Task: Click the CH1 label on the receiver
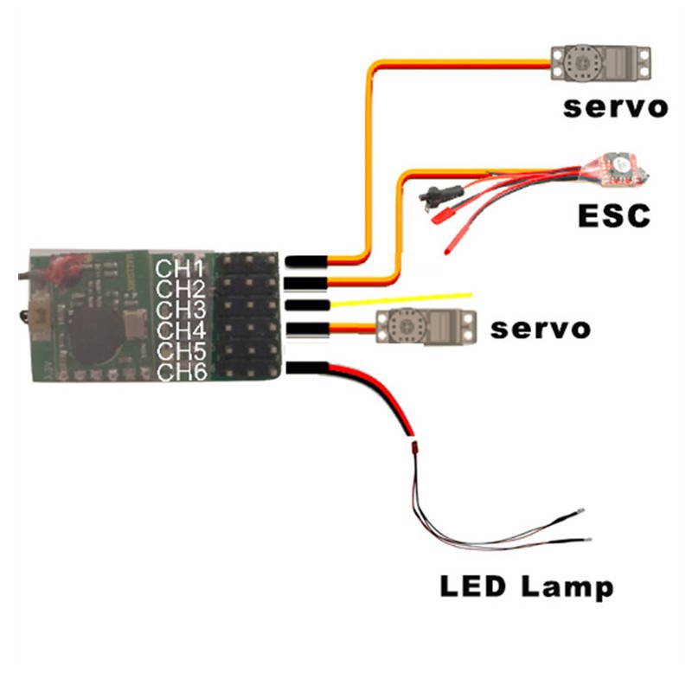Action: pos(180,269)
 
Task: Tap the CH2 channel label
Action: pos(181,289)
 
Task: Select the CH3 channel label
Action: pos(181,310)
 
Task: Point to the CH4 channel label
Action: pos(182,330)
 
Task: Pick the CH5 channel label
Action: pos(182,351)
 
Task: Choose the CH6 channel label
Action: pos(183,372)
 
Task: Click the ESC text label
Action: pos(614,215)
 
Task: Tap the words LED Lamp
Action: pos(527,587)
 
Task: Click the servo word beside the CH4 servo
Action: pos(541,330)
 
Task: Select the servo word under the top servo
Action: pos(616,107)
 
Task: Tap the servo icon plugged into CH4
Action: pos(426,327)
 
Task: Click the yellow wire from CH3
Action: pos(400,299)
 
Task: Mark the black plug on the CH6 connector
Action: pos(307,368)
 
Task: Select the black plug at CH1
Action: pos(306,261)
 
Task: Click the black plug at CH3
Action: pos(308,304)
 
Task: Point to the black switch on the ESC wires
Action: pos(441,195)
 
